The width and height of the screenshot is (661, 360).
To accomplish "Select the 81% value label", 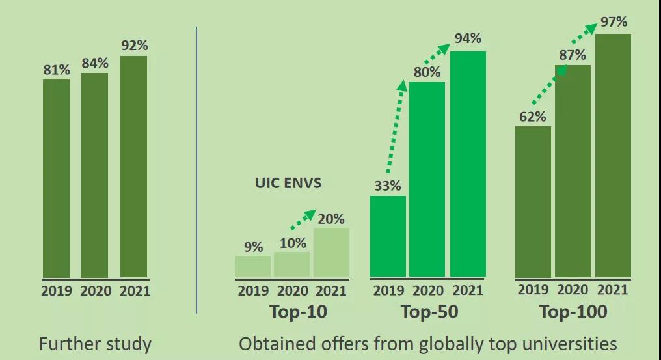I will coord(57,70).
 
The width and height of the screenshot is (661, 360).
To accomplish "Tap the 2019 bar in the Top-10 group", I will coord(252,266).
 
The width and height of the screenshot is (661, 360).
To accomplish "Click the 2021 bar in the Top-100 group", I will coord(613,156).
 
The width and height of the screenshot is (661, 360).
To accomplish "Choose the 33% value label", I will coord(387,186).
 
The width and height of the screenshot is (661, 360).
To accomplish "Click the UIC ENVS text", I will coord(288,184).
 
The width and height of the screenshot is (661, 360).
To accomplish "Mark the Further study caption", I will coord(95,344).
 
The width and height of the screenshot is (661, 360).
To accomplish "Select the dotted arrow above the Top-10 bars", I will coord(303,219).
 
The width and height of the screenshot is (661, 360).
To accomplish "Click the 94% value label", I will coord(468,38).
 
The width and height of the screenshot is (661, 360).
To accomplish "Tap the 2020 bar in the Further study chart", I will coord(94,175).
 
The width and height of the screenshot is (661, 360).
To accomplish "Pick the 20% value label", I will coord(331,219).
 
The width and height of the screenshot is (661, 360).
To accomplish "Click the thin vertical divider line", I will coord(196,169).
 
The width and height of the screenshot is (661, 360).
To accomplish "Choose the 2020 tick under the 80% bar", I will coord(427,291).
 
